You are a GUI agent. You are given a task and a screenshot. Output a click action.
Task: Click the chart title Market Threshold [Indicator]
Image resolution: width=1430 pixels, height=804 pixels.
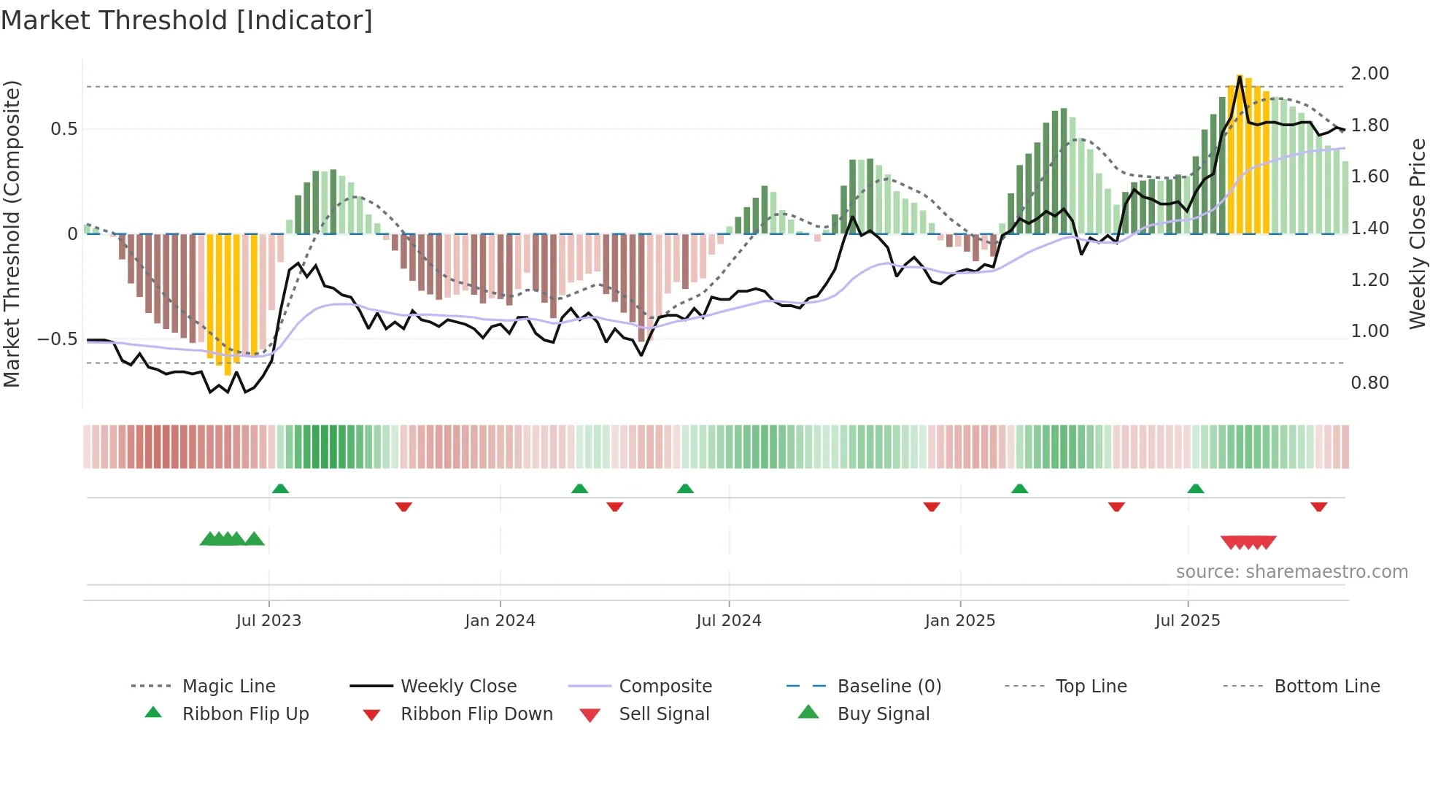[x=187, y=20]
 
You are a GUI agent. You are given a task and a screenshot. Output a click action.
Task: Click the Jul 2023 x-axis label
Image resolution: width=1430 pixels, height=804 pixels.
[x=268, y=620]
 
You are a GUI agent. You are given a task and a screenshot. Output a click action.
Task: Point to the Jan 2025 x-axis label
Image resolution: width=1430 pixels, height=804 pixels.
[x=959, y=620]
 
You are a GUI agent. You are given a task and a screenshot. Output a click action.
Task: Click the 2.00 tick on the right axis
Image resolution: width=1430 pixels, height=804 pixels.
[x=1369, y=73]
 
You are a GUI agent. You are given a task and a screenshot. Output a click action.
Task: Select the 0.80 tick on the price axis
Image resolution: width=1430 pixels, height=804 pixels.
[x=1369, y=382]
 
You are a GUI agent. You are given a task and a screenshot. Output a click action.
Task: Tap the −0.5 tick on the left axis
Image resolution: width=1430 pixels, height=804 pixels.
[x=57, y=339]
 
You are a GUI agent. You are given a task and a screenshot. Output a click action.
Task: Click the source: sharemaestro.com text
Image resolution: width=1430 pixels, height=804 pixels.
[x=1291, y=571]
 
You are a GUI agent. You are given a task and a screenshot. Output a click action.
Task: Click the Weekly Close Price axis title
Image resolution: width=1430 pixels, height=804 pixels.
[x=1417, y=233]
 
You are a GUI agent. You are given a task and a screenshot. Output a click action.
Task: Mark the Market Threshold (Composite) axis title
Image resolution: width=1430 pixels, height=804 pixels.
[x=12, y=233]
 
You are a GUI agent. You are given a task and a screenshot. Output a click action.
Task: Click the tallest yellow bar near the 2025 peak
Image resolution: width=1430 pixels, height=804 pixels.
[x=1240, y=153]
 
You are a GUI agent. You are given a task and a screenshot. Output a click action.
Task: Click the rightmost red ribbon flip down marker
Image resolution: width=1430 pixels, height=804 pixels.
[x=1318, y=506]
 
